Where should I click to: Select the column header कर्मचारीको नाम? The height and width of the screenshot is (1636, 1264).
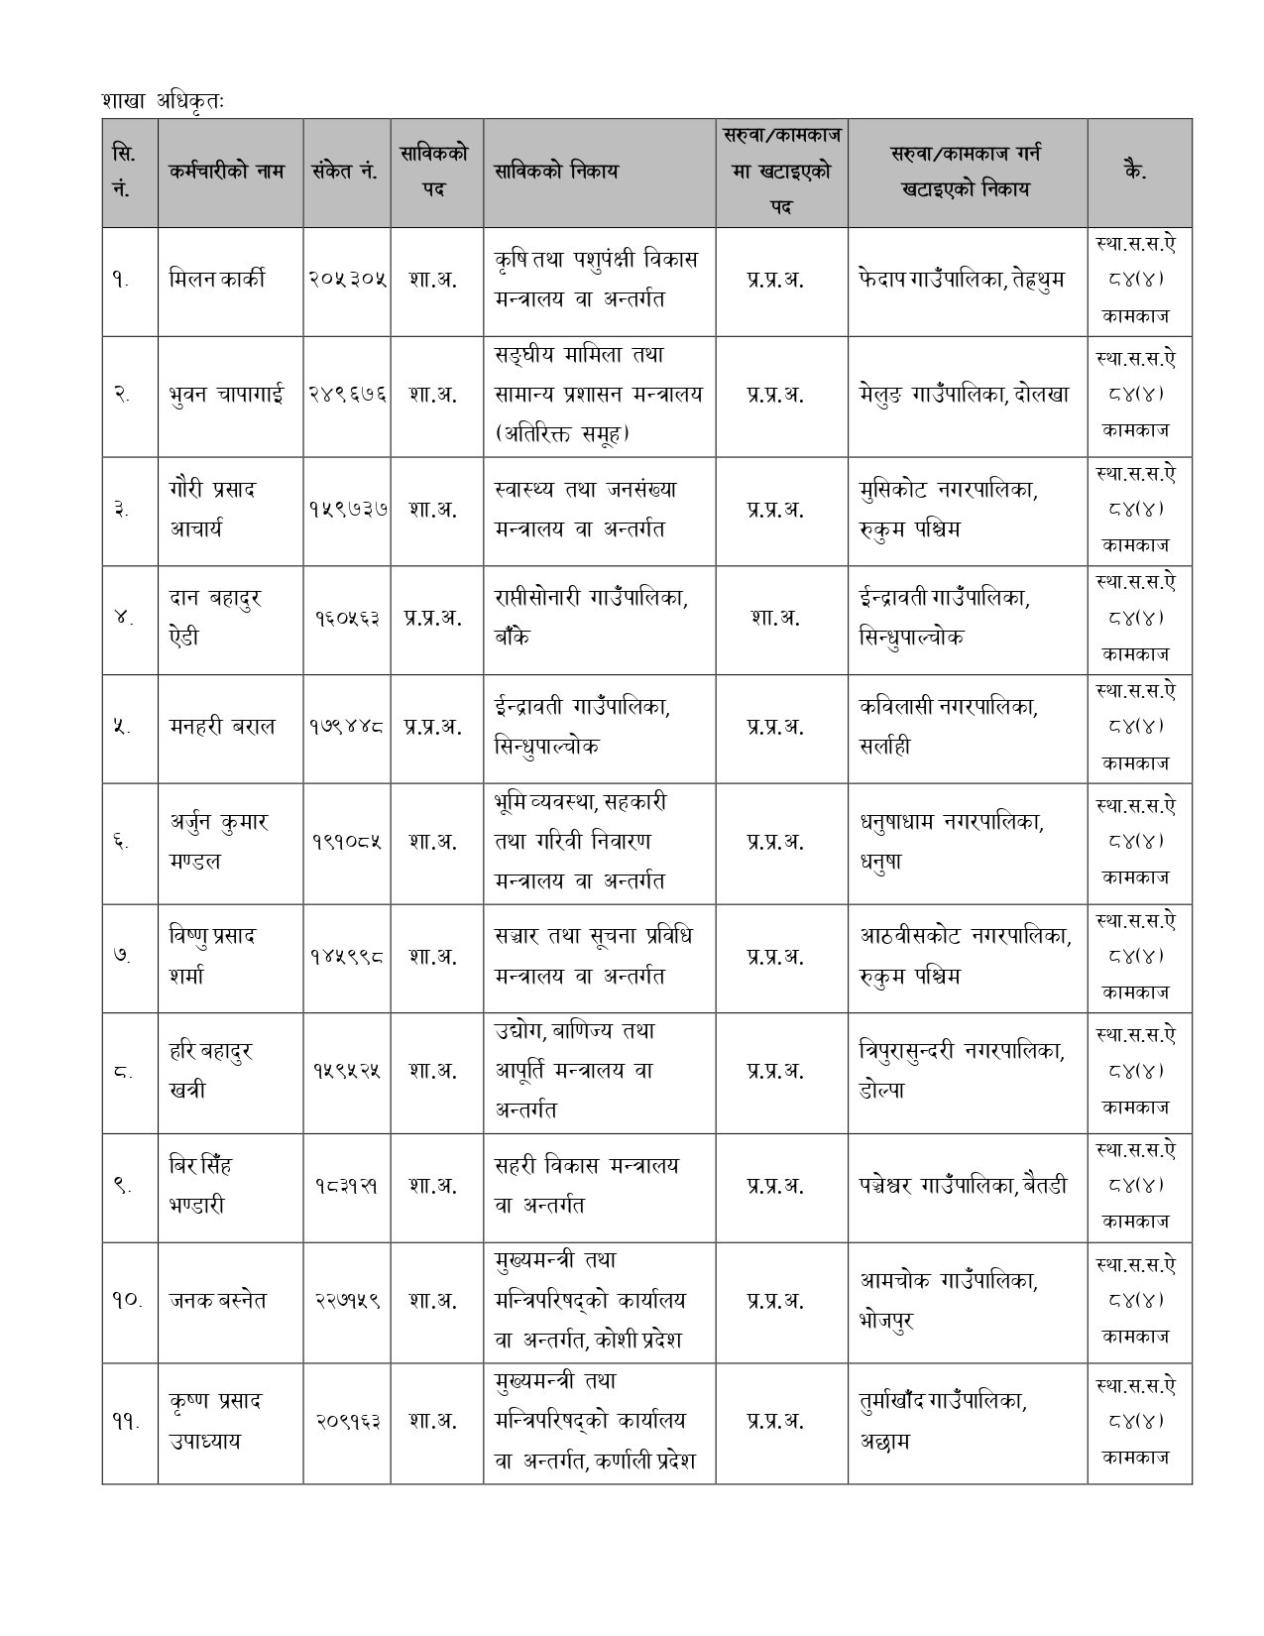227,171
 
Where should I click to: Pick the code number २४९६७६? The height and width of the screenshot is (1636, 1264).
346,394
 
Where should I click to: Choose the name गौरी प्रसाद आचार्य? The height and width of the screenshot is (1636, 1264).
212,509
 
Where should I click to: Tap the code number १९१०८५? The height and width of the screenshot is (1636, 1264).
346,842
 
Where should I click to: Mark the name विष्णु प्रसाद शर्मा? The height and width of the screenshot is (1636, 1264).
212,956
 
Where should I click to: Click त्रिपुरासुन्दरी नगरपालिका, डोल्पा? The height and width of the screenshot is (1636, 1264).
962,1071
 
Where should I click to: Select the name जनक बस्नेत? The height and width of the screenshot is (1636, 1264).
219,1300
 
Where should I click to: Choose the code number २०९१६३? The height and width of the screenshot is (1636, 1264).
346,1421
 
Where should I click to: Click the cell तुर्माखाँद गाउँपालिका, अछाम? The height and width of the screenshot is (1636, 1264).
943,1421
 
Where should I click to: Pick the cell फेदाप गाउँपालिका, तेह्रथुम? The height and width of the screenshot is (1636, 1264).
961,280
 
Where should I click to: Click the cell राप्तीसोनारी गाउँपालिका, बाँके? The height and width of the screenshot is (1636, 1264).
591,618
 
